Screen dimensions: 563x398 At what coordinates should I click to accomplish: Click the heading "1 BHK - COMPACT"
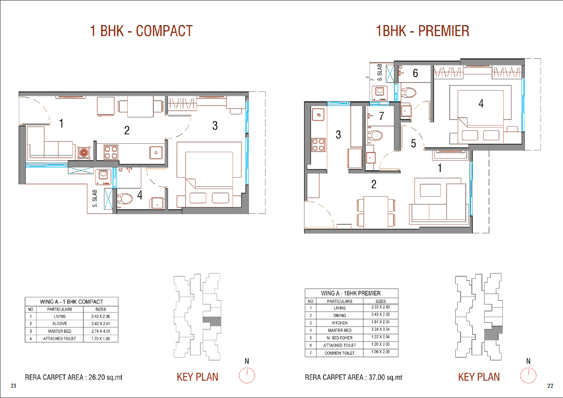[141, 31]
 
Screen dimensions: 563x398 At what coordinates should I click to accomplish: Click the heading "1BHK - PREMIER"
[422, 31]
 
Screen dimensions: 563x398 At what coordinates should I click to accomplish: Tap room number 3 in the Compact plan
[214, 126]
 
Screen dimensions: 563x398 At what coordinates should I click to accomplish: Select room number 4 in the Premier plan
[481, 103]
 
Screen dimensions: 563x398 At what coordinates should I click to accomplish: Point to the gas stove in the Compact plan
[111, 152]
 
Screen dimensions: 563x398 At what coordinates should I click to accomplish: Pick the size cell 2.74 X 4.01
[101, 331]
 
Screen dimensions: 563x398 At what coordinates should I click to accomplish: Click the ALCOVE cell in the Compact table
[60, 323]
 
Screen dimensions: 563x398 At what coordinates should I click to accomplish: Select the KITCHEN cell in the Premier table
[340, 323]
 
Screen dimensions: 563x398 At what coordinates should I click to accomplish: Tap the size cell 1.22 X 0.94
[380, 337]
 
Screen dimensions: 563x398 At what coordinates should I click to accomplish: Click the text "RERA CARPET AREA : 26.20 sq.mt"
[74, 377]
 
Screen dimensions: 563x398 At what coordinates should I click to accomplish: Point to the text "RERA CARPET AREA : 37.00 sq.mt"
[354, 377]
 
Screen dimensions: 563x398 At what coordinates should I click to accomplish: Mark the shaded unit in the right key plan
[492, 334]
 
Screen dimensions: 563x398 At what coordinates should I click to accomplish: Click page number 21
[13, 386]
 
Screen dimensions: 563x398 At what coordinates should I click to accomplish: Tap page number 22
[550, 386]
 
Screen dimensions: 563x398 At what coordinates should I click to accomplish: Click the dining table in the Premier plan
[375, 212]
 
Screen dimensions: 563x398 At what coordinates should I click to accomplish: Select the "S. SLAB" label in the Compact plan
[95, 199]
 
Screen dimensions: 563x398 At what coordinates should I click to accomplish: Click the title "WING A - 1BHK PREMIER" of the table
[351, 293]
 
